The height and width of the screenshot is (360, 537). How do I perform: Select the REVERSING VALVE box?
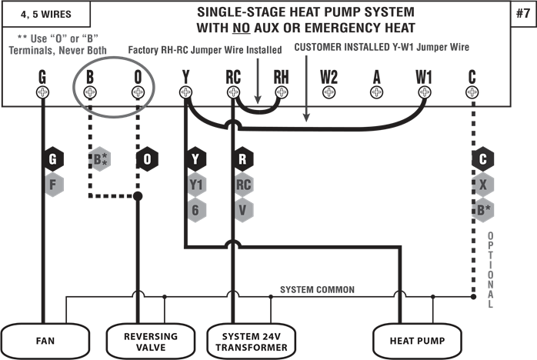151,340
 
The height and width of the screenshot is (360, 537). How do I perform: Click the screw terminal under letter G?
42,92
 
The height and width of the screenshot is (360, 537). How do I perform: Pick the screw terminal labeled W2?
329,92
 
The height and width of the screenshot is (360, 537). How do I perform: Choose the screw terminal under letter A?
376,92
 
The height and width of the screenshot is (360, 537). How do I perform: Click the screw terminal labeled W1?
424,92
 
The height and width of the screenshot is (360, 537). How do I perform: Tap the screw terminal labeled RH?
281,92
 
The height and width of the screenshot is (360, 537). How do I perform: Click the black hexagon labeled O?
148,160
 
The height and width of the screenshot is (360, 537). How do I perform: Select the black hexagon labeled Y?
196,160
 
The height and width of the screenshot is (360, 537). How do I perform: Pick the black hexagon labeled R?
244,160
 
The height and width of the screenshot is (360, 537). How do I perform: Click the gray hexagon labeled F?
54,185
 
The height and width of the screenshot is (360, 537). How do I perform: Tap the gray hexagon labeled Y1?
196,185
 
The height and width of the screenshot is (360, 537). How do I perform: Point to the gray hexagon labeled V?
244,209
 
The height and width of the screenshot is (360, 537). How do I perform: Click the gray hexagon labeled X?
482,185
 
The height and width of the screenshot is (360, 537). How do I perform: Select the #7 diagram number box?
522,13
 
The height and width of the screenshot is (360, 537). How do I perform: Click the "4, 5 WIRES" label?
46,13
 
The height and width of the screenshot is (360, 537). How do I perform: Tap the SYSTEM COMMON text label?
317,290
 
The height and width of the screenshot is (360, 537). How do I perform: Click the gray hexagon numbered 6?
196,209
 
